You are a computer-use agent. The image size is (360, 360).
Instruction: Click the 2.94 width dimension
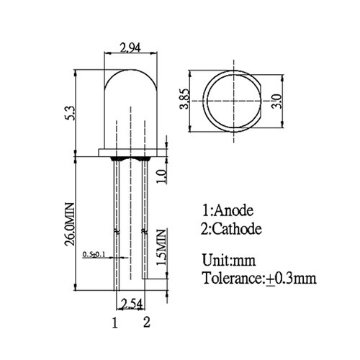click(130, 48)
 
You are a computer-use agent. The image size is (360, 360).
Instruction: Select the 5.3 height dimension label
click(71, 113)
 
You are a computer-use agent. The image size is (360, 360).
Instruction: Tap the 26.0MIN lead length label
click(70, 225)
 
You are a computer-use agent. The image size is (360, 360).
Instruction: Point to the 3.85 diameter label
click(184, 99)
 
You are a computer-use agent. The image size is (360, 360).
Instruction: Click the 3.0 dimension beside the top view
click(276, 102)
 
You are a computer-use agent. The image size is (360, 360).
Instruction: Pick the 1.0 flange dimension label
click(161, 176)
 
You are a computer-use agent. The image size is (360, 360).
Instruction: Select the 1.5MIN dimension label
click(161, 248)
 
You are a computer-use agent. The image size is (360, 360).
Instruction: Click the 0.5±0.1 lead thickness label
click(94, 254)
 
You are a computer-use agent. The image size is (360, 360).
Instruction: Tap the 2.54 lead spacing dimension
click(130, 303)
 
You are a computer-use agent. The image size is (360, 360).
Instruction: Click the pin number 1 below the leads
click(115, 323)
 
